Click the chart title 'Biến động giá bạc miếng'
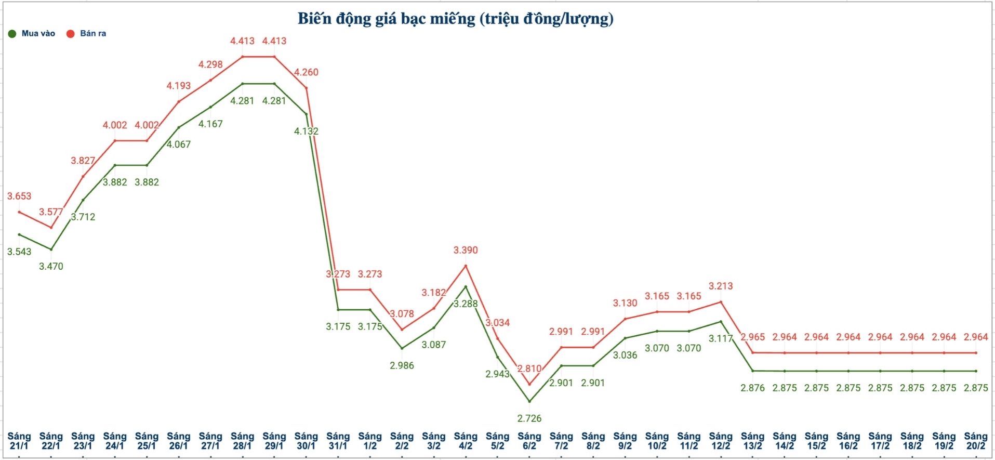click(455, 19)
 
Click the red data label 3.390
click(466, 251)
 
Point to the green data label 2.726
click(529, 418)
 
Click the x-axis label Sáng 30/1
click(306, 441)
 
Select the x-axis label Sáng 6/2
click(529, 441)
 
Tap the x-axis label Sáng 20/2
click(976, 441)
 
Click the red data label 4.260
click(306, 72)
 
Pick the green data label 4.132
click(306, 132)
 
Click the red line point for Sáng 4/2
click(466, 266)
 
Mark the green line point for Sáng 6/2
click(529, 401)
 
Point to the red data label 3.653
click(19, 196)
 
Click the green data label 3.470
click(51, 267)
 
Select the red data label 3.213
click(721, 286)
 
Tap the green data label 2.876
click(752, 388)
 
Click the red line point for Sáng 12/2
click(721, 301)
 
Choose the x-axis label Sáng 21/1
click(19, 441)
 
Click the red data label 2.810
click(529, 369)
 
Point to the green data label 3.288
click(466, 304)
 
